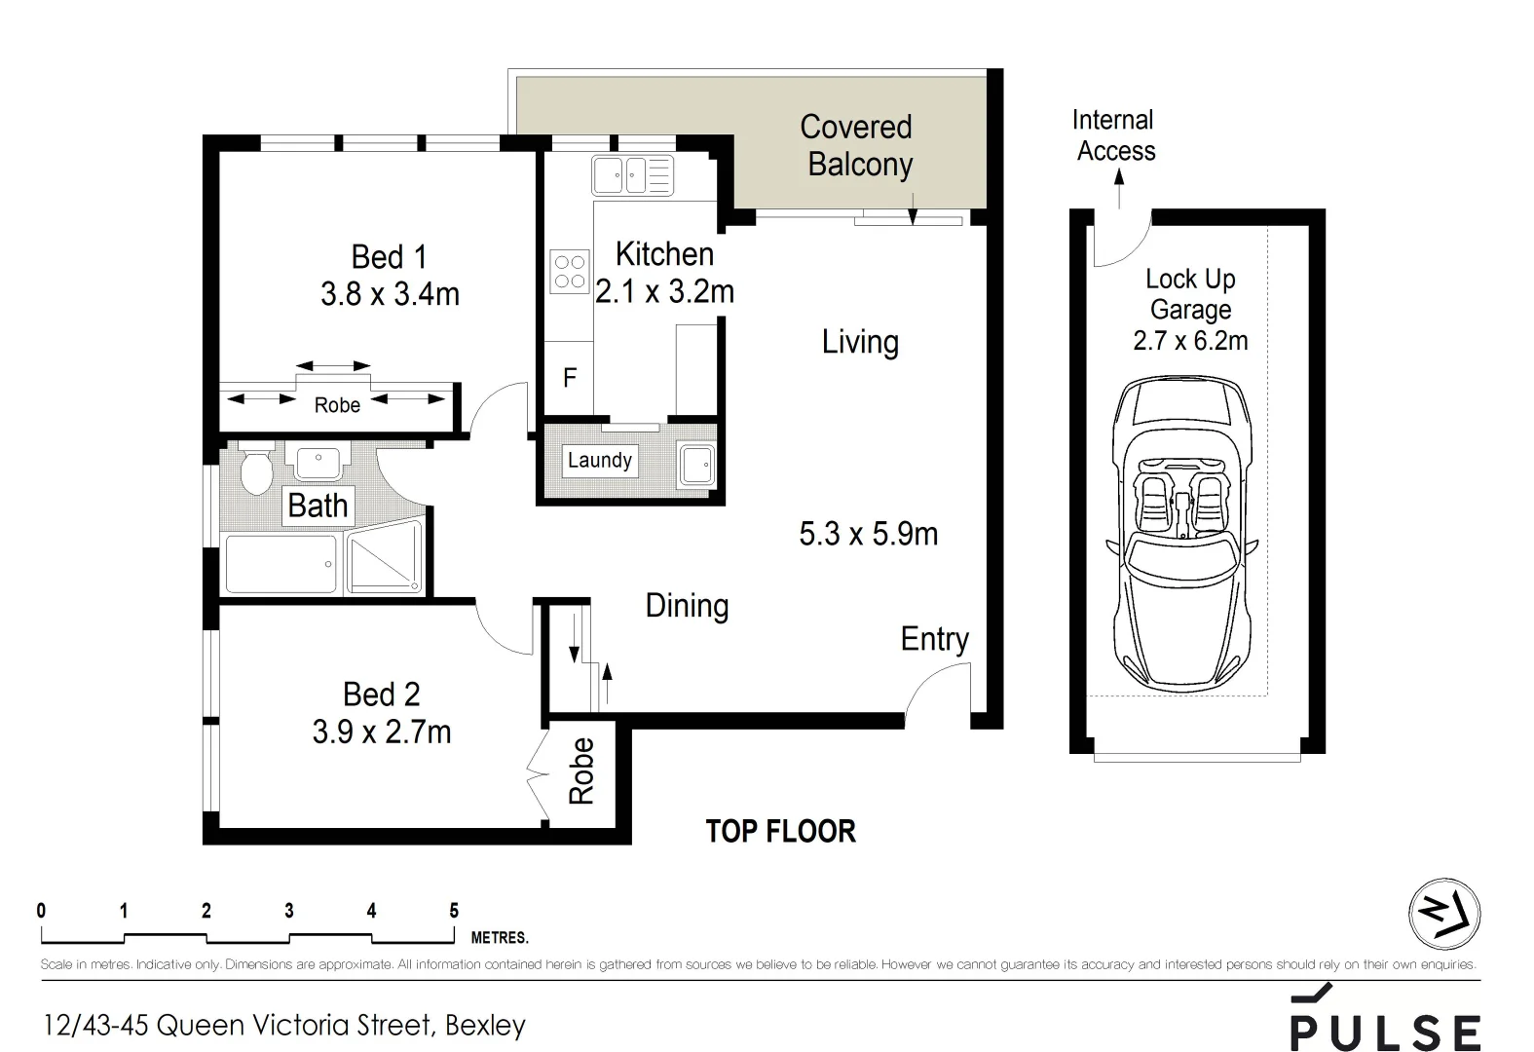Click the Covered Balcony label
(x=857, y=146)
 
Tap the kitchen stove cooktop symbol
(x=570, y=272)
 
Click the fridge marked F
(x=570, y=378)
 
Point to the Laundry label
(x=600, y=461)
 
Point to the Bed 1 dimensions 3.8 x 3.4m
(x=390, y=294)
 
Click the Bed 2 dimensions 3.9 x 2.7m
(x=382, y=732)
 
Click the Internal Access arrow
(x=1119, y=189)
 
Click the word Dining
(x=687, y=606)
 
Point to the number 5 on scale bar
(x=454, y=912)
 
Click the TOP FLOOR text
(x=780, y=832)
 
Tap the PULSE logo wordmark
(x=1385, y=1031)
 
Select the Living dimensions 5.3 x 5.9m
(x=868, y=534)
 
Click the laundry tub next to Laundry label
(x=696, y=465)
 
